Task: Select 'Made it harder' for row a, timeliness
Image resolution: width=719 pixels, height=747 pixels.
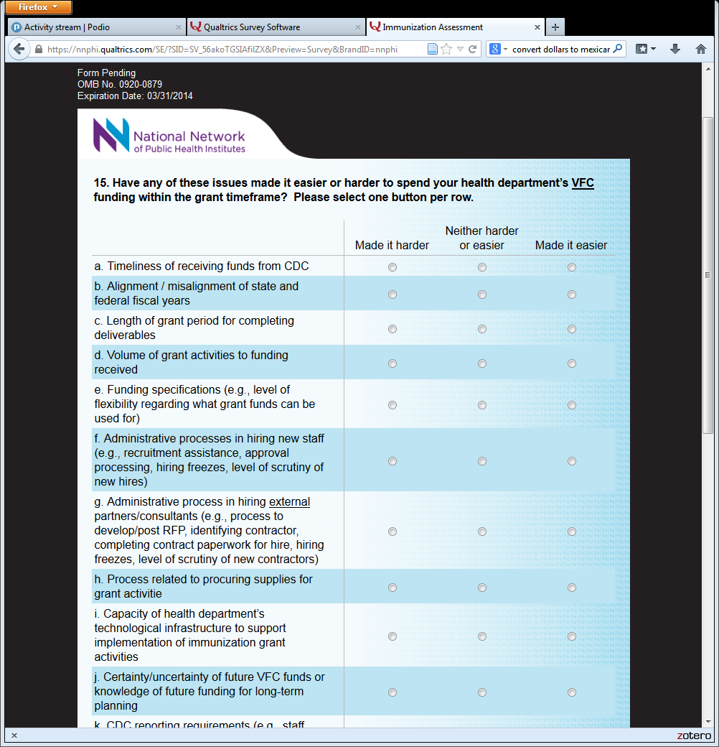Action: (x=393, y=267)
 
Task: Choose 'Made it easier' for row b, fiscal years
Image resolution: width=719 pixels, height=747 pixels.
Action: (x=572, y=294)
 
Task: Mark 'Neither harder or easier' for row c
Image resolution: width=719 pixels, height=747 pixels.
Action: (x=482, y=329)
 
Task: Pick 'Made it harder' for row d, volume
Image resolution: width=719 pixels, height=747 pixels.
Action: (x=393, y=363)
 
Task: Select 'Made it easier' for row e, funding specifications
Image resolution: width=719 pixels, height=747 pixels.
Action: (x=572, y=405)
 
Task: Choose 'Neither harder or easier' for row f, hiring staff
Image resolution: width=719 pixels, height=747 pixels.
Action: (x=482, y=461)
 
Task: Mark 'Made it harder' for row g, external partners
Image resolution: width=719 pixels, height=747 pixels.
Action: (x=393, y=532)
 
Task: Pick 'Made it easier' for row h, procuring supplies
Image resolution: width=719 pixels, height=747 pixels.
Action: (x=572, y=588)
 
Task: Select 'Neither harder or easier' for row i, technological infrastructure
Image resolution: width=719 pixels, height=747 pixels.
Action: (x=482, y=636)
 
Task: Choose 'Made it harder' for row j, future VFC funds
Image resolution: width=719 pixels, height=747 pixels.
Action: (x=393, y=692)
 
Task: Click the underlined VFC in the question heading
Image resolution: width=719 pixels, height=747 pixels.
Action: (x=583, y=183)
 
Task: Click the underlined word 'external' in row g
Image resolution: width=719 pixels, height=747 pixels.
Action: (x=289, y=502)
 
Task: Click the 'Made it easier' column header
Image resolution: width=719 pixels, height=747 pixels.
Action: (x=571, y=246)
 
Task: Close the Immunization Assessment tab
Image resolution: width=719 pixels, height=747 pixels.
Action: (x=537, y=27)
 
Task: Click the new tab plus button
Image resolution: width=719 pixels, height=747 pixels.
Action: (x=555, y=27)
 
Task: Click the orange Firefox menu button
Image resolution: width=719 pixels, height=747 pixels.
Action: (x=39, y=7)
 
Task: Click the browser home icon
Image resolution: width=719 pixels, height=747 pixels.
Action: (x=701, y=49)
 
